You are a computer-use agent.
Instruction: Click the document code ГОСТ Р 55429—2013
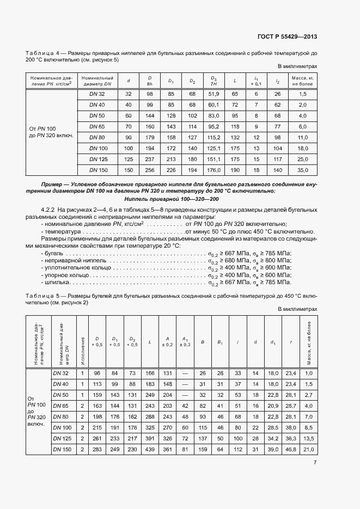click(287, 36)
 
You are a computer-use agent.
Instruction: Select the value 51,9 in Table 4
click(213, 94)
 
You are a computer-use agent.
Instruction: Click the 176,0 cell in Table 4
click(213, 170)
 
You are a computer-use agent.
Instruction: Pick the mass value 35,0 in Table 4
click(303, 170)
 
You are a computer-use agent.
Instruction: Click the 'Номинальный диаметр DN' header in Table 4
click(97, 81)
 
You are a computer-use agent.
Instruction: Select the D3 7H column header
click(213, 81)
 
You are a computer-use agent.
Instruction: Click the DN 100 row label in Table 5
click(63, 427)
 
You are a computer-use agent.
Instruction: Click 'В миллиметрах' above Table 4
click(297, 66)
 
